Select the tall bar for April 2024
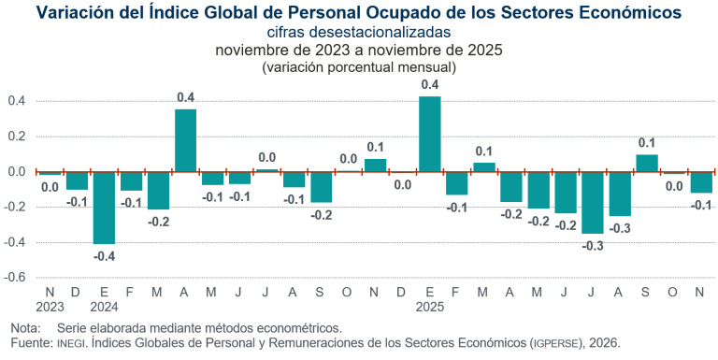coord(185,141)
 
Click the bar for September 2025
coord(646,164)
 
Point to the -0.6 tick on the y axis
coord(17,278)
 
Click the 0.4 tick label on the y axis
coord(17,101)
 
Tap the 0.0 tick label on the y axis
coord(17,172)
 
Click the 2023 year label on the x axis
coord(50,307)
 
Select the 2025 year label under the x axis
coord(429,307)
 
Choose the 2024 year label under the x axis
coord(104,307)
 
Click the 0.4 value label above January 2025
coord(429,85)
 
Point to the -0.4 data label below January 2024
coord(104,256)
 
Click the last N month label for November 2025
coord(700,293)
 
